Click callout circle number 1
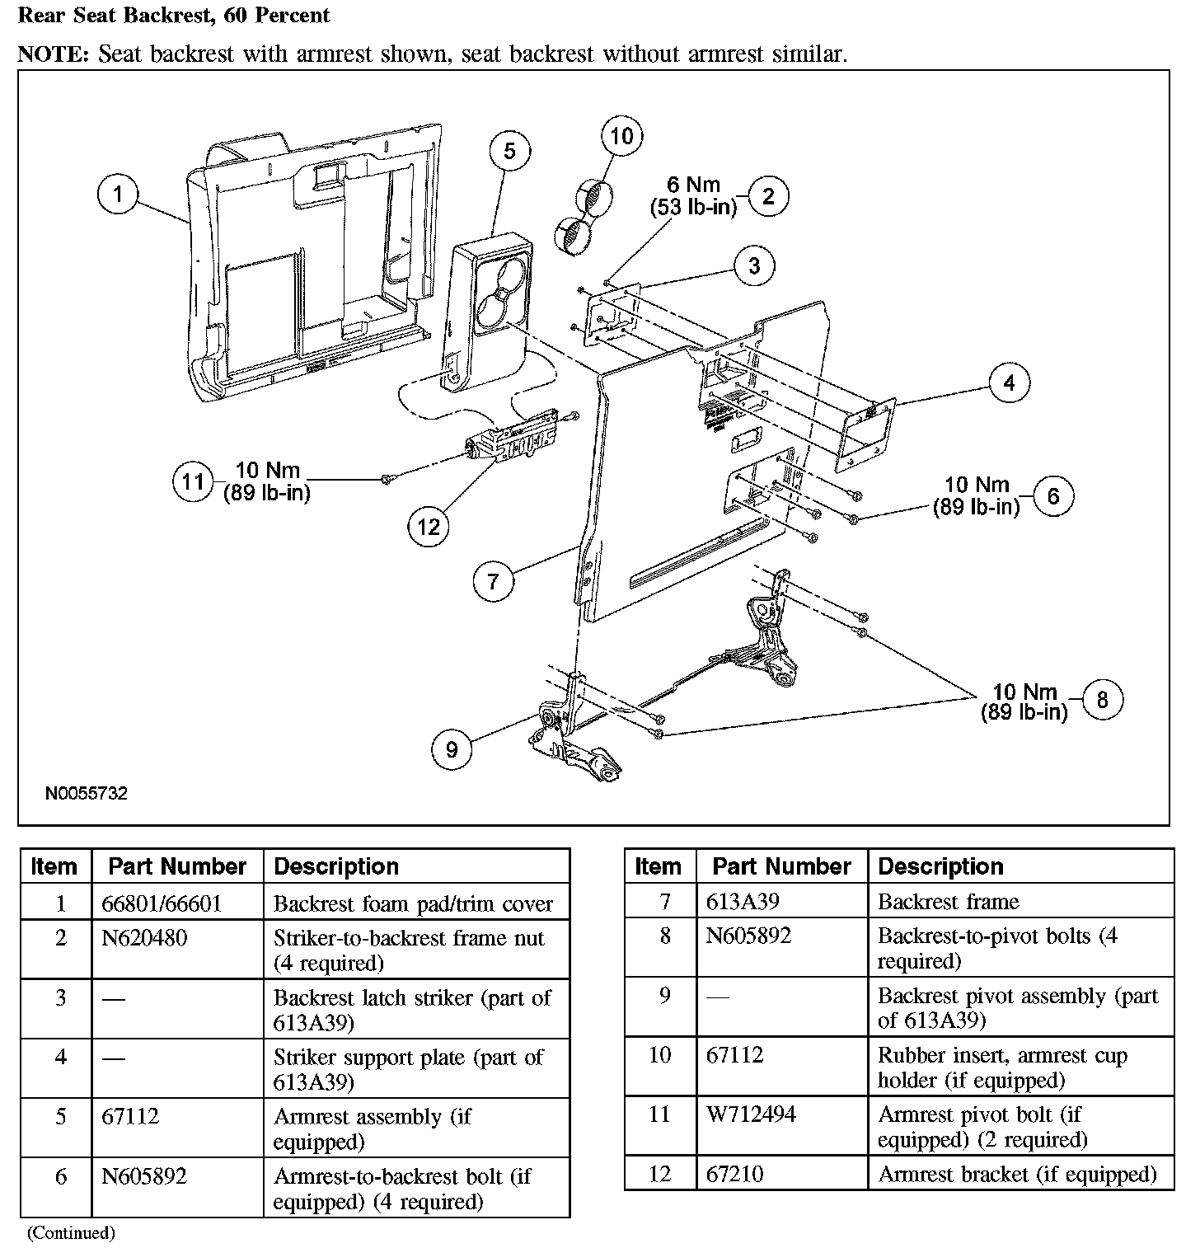[x=118, y=195]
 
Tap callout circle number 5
[x=509, y=151]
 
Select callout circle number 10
[x=621, y=136]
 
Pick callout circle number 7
[x=493, y=581]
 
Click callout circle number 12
[x=429, y=526]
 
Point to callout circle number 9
[x=452, y=748]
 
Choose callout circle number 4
[x=1009, y=382]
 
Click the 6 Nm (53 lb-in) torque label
[x=693, y=196]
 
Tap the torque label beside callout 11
[x=267, y=482]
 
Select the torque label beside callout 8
[x=1024, y=701]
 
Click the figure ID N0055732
[x=87, y=794]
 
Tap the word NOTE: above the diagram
[x=54, y=54]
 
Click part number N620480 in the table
[x=144, y=938]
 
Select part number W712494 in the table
[x=751, y=1114]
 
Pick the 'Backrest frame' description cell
[x=948, y=902]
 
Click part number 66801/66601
[x=162, y=903]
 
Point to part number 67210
[x=735, y=1174]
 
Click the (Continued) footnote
[x=71, y=1233]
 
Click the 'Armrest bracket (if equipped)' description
[x=1017, y=1174]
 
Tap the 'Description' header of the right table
[x=940, y=866]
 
